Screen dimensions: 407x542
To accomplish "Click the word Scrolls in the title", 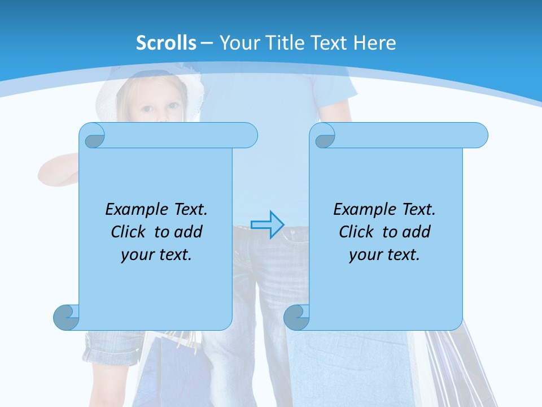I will [166, 43].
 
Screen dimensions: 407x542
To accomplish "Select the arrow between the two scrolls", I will [267, 224].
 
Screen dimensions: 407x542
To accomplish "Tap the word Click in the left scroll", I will [131, 232].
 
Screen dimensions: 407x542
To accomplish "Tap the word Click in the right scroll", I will [359, 232].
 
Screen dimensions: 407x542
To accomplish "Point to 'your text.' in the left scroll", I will [156, 254].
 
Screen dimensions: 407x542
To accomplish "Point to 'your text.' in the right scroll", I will [384, 254].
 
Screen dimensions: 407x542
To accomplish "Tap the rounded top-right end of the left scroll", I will [249, 135].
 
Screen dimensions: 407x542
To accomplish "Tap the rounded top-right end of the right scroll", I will [479, 135].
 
